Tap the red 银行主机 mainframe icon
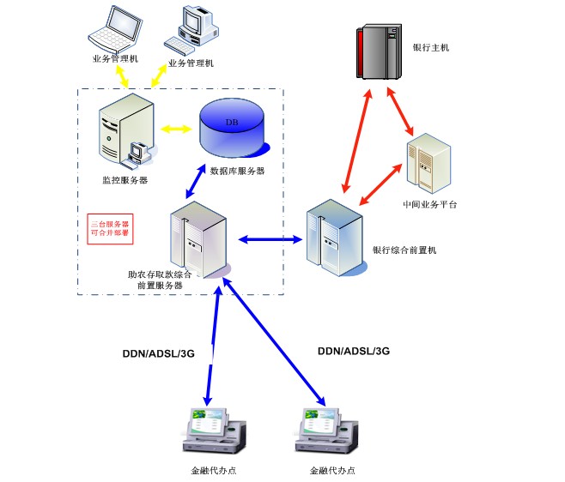[379, 53]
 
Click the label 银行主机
[431, 48]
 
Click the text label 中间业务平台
[430, 206]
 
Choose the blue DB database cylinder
[233, 129]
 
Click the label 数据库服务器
[238, 171]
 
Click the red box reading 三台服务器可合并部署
[111, 229]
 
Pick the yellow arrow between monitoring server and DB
[175, 130]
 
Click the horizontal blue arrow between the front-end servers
[265, 238]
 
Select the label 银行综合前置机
[404, 250]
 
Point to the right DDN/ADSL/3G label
[354, 351]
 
